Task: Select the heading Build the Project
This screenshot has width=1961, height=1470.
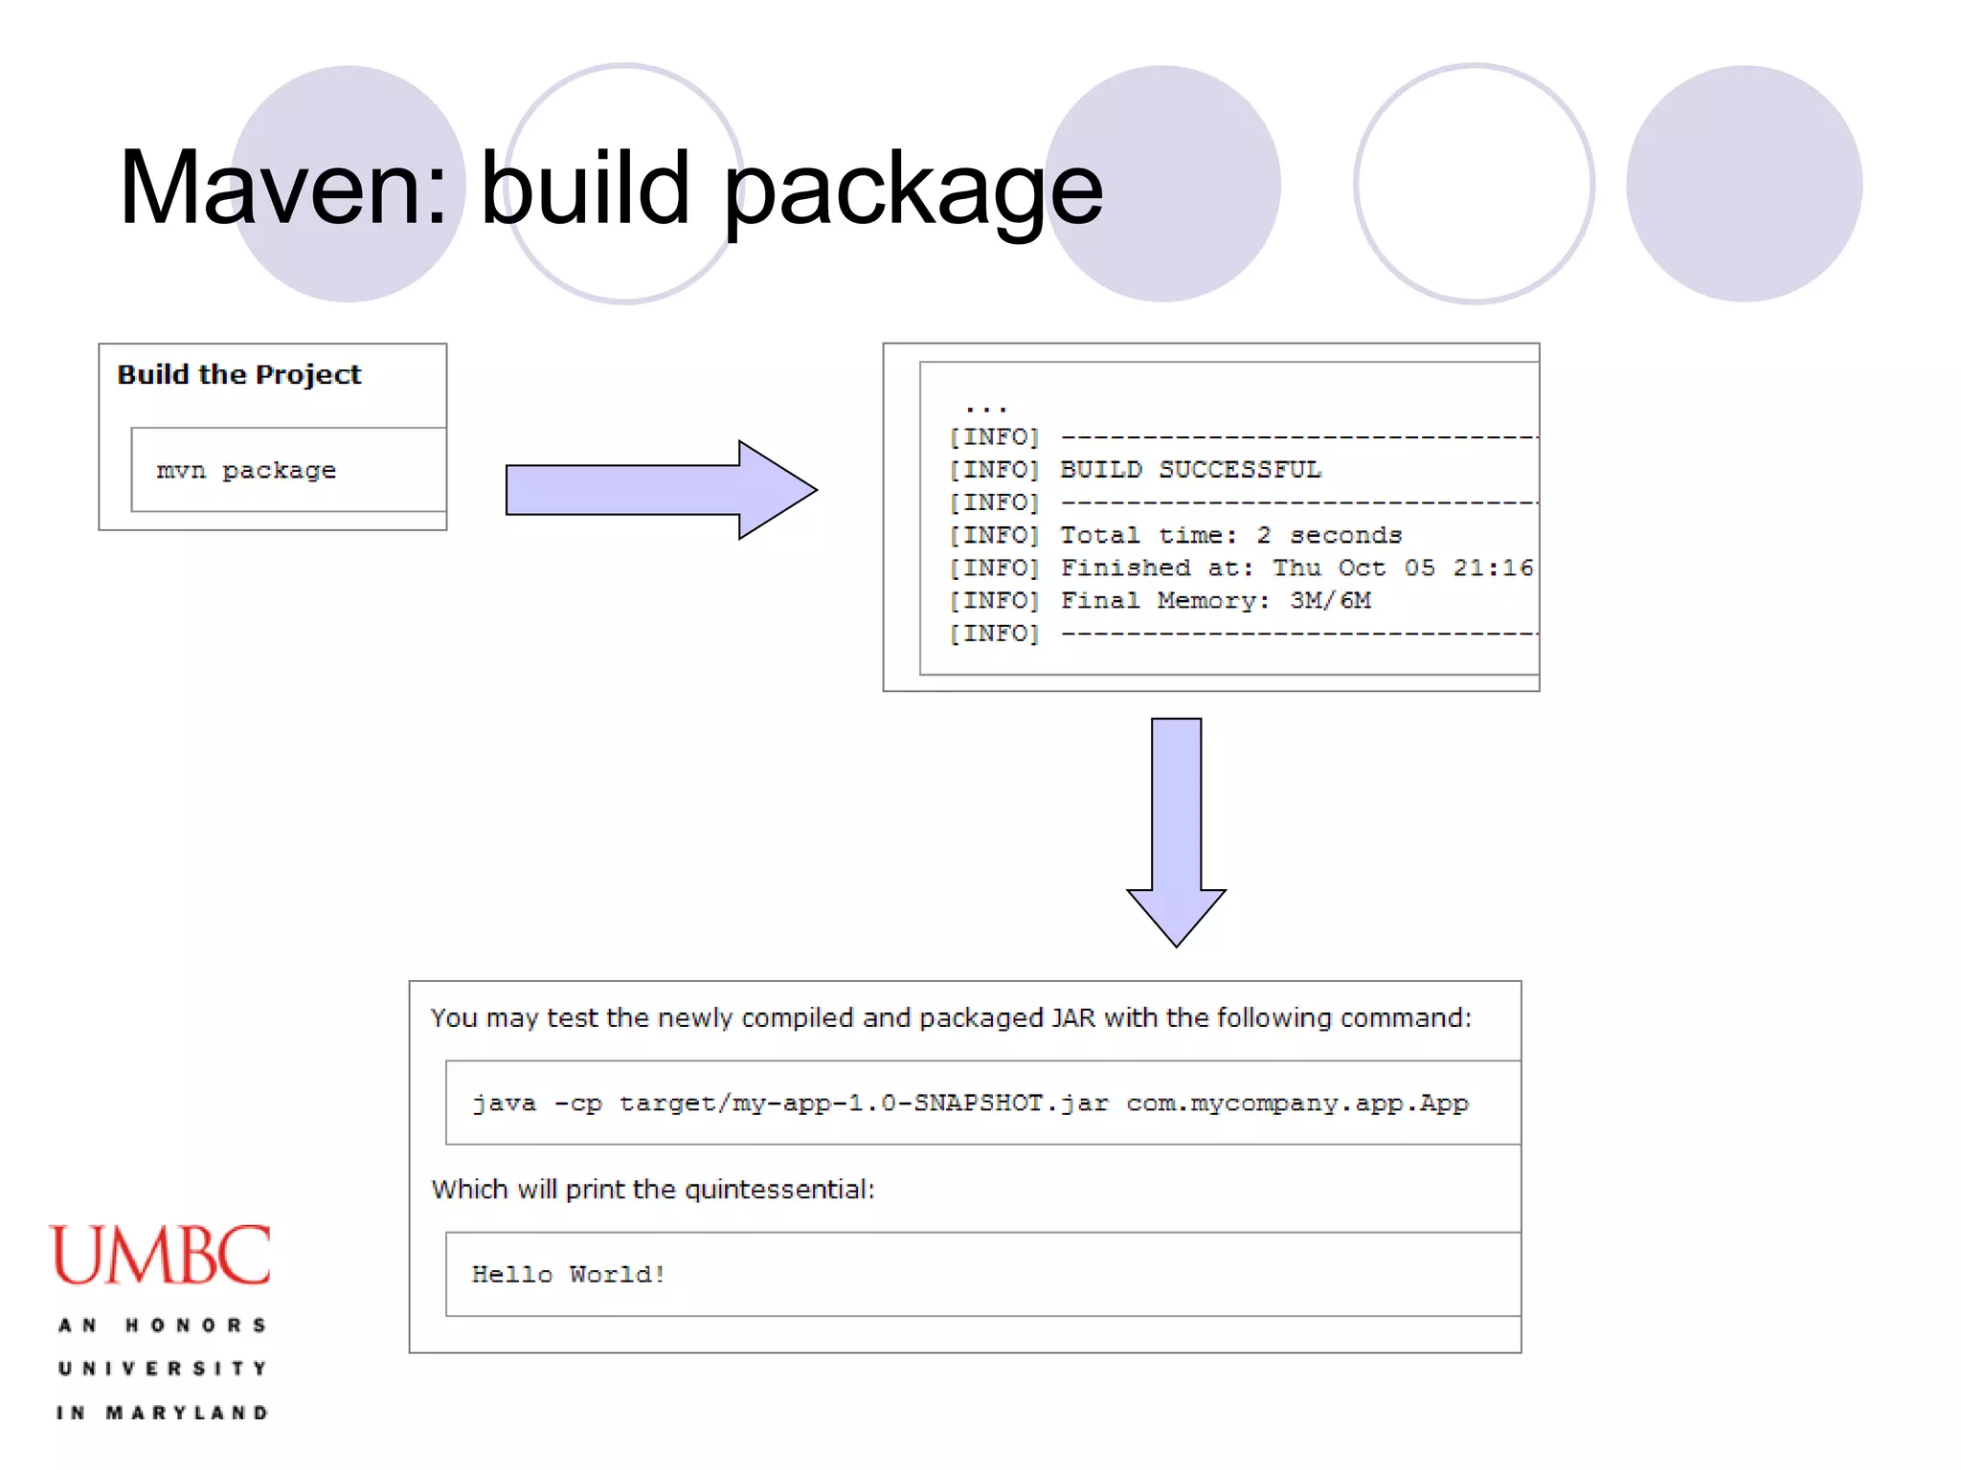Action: pos(238,374)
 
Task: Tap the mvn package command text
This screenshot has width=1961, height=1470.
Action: pos(246,471)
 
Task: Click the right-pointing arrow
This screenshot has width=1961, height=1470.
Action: pos(661,490)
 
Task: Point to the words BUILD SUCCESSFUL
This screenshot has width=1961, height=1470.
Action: pos(1190,470)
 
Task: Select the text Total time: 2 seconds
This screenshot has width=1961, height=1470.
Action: pos(1230,535)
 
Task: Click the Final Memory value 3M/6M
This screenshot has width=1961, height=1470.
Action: pos(1330,600)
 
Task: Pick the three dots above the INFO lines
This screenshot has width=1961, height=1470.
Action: pos(986,407)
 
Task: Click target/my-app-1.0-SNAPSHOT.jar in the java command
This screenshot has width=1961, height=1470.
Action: pos(864,1103)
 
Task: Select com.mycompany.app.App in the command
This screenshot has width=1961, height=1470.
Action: pos(1296,1103)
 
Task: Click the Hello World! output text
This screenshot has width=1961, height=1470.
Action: pos(568,1275)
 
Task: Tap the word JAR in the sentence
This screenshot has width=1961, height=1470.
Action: pos(1073,1017)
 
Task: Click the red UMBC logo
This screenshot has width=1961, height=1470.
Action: pos(160,1255)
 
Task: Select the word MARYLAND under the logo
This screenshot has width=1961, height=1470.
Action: pos(187,1413)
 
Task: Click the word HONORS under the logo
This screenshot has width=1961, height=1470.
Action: pos(195,1325)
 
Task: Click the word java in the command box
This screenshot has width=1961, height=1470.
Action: pos(505,1103)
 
